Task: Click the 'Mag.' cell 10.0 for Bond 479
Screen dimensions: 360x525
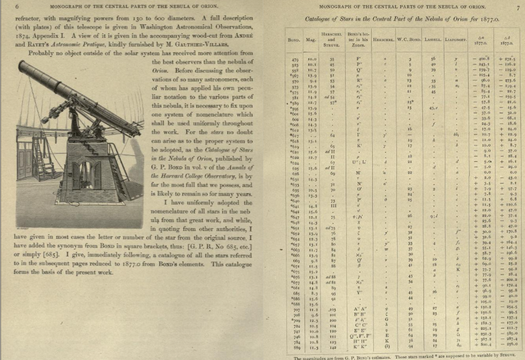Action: coord(312,59)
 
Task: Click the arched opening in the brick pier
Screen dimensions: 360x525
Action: coord(92,176)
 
